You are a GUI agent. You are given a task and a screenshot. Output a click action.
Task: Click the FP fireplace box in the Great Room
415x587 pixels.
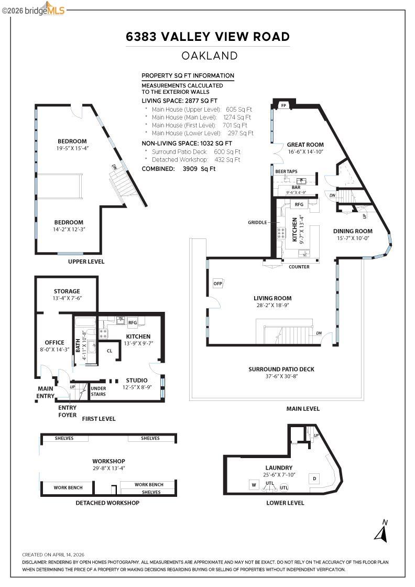(x=283, y=105)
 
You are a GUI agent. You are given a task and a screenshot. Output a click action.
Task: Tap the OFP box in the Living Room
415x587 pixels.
(x=218, y=284)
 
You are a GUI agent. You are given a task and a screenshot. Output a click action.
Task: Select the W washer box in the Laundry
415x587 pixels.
(x=254, y=485)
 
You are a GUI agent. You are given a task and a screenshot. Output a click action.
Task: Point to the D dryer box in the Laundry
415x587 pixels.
(x=314, y=479)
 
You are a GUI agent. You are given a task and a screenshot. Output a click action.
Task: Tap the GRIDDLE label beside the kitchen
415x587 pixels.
(x=257, y=222)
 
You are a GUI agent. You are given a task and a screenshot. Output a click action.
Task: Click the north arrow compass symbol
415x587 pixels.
(x=381, y=530)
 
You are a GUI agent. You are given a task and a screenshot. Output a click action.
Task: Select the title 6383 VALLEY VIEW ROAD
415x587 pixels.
(x=207, y=37)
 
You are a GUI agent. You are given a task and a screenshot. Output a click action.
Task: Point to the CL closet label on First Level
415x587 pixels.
(x=110, y=351)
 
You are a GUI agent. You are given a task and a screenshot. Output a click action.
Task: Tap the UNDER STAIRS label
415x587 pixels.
(x=98, y=391)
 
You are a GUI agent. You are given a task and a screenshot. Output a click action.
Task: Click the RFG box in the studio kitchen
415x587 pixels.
(x=133, y=323)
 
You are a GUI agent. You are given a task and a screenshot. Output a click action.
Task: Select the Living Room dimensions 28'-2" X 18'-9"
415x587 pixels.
(x=272, y=305)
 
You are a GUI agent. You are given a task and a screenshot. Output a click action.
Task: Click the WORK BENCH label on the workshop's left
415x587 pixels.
(x=68, y=487)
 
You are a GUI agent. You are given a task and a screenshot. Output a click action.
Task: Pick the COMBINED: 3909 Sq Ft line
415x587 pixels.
(x=179, y=169)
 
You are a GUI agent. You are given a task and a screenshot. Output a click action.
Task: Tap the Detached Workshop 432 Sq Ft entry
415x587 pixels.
(x=195, y=159)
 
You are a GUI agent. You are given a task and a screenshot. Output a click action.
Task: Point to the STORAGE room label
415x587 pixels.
(x=67, y=291)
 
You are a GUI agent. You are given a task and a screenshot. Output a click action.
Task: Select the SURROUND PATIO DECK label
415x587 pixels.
(x=281, y=369)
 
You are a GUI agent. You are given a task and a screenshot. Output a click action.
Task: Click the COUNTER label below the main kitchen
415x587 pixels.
(x=299, y=267)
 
